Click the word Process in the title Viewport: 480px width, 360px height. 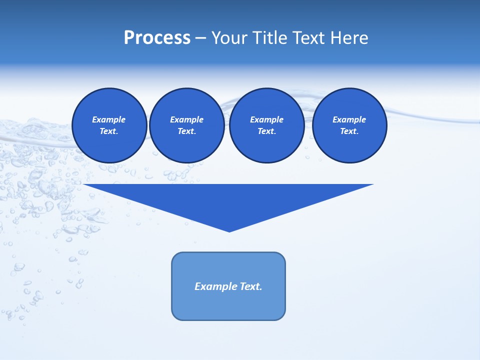point(157,38)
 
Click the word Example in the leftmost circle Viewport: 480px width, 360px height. point(108,119)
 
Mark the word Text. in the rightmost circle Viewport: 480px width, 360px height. point(349,131)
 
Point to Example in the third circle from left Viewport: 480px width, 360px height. point(266,119)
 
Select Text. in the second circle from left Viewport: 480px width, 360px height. point(186,131)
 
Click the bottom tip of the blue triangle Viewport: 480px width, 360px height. point(229,230)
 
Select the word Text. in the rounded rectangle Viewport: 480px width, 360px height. point(251,286)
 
